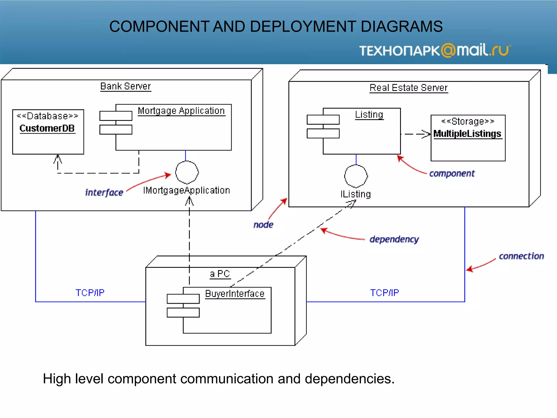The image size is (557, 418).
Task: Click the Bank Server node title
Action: click(125, 86)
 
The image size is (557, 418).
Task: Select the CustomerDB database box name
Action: click(47, 128)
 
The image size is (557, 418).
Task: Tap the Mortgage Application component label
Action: click(181, 111)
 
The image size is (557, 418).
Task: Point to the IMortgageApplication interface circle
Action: click(187, 172)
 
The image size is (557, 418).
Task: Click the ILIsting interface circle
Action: click(356, 176)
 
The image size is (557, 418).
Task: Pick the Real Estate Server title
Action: click(409, 88)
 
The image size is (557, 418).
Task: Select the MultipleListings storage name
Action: click(467, 134)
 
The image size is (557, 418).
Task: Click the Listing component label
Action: click(369, 115)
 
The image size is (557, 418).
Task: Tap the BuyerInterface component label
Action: click(235, 294)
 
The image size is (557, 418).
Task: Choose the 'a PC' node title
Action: click(220, 274)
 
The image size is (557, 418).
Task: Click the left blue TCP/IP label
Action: click(90, 293)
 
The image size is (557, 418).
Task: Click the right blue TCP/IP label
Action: click(384, 293)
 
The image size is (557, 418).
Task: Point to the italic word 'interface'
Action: click(104, 192)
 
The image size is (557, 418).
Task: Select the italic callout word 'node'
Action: click(263, 225)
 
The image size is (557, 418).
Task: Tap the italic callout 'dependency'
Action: click(394, 239)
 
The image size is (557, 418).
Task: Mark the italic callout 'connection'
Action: click(521, 256)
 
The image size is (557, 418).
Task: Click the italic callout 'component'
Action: click(452, 173)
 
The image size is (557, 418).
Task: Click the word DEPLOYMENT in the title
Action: click(303, 26)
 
